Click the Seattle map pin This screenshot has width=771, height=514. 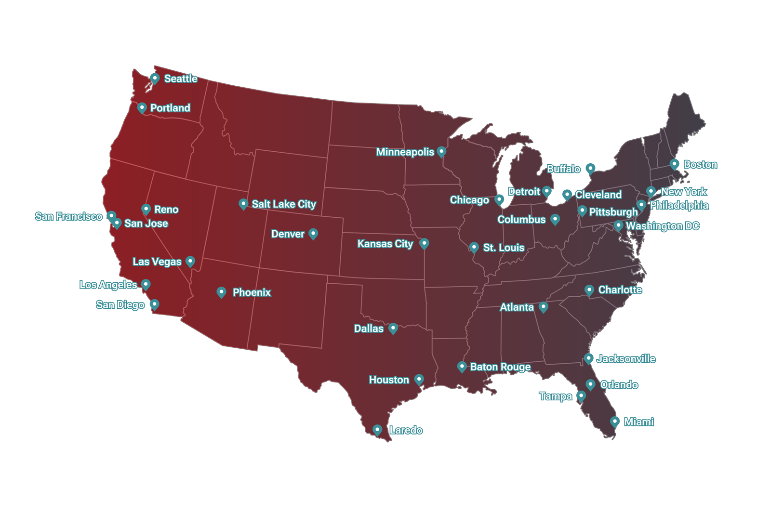pos(155,78)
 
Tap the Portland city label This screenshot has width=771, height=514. pos(170,108)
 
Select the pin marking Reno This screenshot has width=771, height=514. pos(146,209)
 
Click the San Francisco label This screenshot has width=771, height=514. pos(68,216)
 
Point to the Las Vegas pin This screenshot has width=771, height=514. pos(190,262)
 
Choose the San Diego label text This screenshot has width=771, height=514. pos(120,305)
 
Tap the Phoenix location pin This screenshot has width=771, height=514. pos(221,292)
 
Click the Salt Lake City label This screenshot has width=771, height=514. pos(284,204)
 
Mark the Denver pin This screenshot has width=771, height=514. pos(313,234)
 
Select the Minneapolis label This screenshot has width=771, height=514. pos(405,152)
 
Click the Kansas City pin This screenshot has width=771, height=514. pos(424,243)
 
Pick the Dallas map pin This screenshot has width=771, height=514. pos(393,328)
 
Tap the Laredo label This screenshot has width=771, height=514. pos(406,430)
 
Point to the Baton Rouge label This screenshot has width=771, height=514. pos(500,367)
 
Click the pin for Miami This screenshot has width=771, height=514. pos(615,422)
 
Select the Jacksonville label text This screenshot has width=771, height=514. pos(626,359)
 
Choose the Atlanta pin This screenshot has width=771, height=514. pos(544,306)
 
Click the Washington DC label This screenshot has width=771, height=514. pos(662,226)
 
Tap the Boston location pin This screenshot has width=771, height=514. pos(675,164)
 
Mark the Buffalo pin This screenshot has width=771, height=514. pos(591,168)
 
